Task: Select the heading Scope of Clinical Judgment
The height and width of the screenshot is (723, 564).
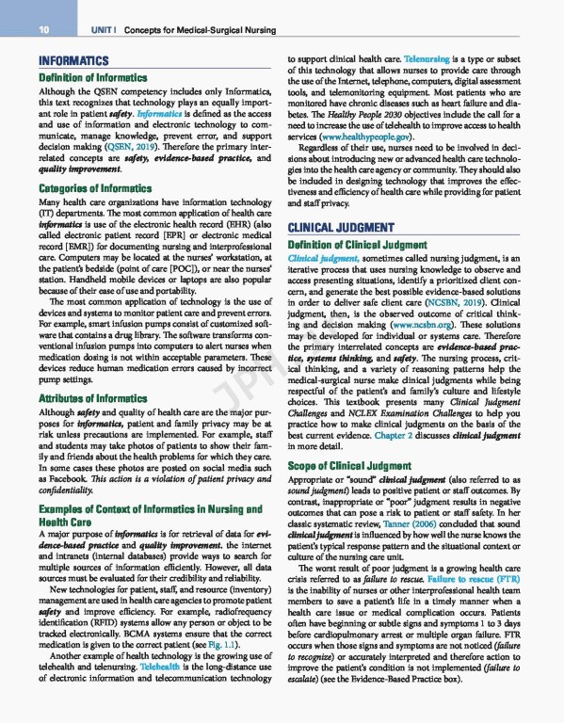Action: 351,465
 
